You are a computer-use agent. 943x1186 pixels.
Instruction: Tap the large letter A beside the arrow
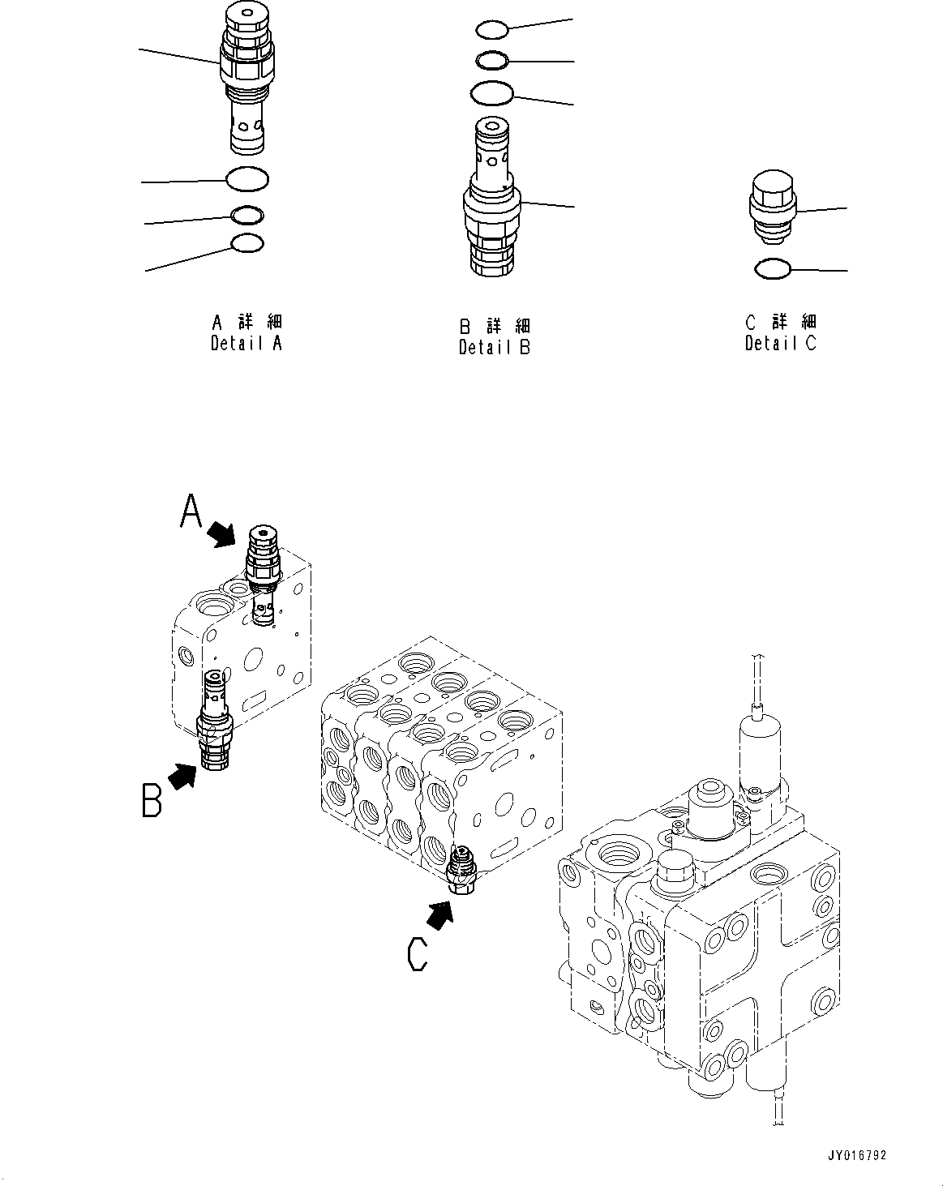(x=191, y=512)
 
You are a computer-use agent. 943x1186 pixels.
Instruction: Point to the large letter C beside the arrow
(x=417, y=953)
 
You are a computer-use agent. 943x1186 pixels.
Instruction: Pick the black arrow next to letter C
(x=439, y=916)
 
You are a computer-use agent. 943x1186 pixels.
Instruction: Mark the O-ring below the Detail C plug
(x=772, y=268)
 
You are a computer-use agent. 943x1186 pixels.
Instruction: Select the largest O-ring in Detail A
(x=247, y=179)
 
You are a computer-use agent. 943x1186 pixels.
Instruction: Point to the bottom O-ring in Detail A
(x=247, y=242)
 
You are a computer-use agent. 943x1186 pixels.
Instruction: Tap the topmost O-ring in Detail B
(x=492, y=30)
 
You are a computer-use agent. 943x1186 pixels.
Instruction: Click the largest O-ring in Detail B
(x=492, y=93)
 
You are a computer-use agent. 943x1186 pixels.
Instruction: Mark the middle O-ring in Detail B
(x=492, y=60)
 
